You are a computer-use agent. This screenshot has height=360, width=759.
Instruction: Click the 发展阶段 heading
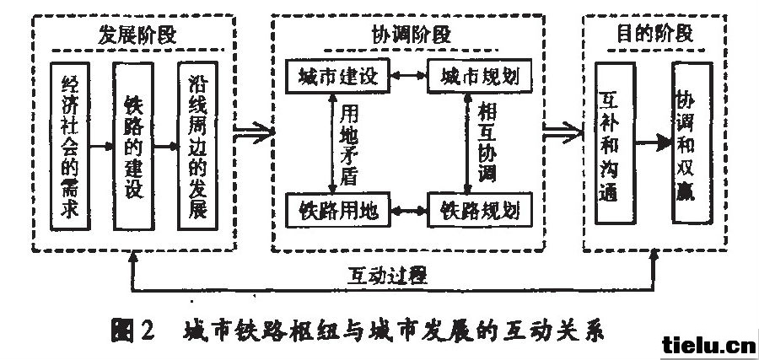click(137, 35)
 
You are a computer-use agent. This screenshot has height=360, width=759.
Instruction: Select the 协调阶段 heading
click(411, 35)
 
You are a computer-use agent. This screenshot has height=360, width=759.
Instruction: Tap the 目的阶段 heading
click(654, 34)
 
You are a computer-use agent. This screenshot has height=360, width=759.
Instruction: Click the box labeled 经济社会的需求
click(70, 146)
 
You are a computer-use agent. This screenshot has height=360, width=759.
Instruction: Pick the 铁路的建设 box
click(133, 146)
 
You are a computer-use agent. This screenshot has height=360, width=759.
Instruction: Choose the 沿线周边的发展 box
click(197, 146)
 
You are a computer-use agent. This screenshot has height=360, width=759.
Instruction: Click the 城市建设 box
click(337, 76)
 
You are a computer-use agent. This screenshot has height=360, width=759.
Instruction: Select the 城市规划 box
click(480, 76)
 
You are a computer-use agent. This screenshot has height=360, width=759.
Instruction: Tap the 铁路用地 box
click(337, 211)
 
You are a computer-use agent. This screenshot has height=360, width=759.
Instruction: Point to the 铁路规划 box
click(480, 211)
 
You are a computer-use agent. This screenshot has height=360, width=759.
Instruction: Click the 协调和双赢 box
click(692, 143)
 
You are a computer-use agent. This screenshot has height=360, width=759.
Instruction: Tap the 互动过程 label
click(387, 276)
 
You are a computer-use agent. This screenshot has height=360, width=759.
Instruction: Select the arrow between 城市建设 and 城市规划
click(408, 76)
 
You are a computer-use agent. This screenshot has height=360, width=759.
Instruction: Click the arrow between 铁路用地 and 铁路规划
click(408, 211)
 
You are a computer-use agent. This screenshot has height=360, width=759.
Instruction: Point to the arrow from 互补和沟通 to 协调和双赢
click(654, 143)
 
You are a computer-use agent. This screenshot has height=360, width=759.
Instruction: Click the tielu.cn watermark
click(709, 346)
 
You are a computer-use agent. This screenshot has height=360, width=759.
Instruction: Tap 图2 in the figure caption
click(132, 331)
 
